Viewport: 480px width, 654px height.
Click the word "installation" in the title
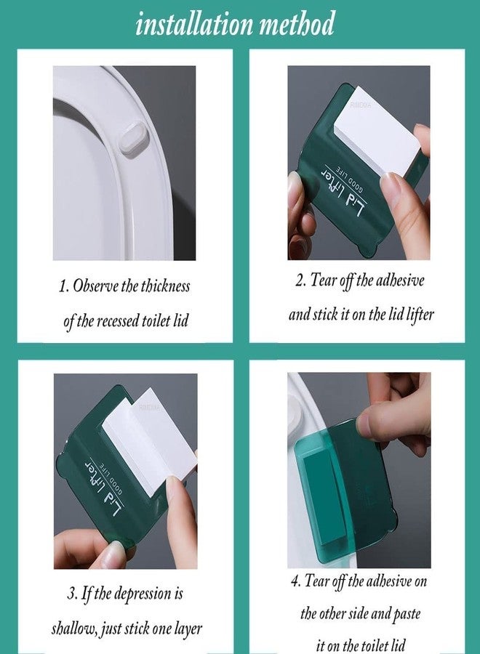click(x=194, y=24)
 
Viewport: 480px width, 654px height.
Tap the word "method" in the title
click(x=297, y=23)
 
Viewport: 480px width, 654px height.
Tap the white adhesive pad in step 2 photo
click(x=374, y=134)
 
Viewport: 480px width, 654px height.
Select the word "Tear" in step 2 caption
click(x=323, y=280)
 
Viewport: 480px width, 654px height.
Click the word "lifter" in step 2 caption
click(x=420, y=315)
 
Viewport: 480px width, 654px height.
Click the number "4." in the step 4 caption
click(x=295, y=581)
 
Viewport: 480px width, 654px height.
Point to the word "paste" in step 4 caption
click(x=407, y=614)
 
